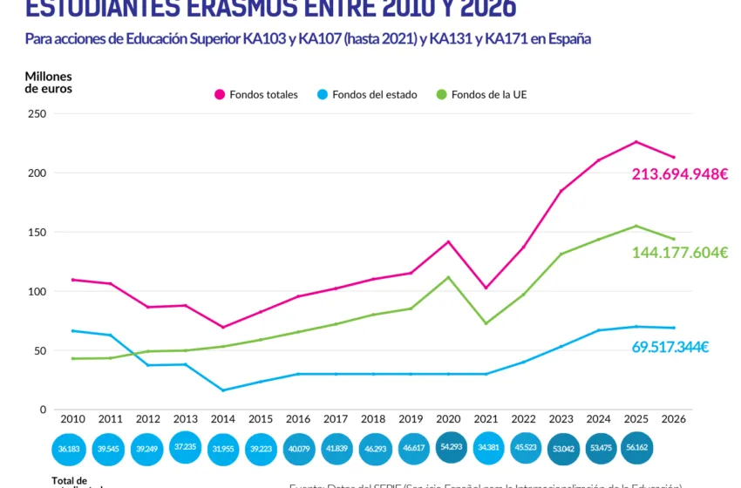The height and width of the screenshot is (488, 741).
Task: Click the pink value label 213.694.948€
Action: [x=679, y=174]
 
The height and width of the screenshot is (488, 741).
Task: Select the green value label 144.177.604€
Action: [x=679, y=253]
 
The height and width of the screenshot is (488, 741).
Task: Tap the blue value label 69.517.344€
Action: [x=670, y=347]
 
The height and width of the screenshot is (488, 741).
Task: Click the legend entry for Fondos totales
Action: [x=256, y=94]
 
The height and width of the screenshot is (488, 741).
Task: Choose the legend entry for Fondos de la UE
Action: [x=481, y=94]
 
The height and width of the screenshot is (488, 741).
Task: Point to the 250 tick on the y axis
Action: [x=37, y=114]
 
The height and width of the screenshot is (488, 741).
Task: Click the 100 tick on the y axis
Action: [x=37, y=292]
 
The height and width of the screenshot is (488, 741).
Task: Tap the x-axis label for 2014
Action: [x=224, y=418]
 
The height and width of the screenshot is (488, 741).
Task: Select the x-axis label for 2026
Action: [x=674, y=418]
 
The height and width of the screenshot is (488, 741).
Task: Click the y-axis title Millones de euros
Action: [x=49, y=82]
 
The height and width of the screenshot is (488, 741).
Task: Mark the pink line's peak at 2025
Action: [x=636, y=141]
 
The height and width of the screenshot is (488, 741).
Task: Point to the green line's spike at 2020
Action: [x=449, y=277]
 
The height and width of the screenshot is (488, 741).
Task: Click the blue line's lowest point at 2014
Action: [x=224, y=390]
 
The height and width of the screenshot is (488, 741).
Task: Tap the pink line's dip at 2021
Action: [x=486, y=288]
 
